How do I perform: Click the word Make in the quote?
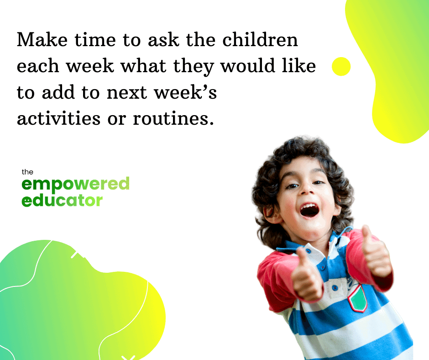[42, 40]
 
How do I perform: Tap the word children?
[260, 40]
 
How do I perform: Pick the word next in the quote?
[127, 93]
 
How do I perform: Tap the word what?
[143, 66]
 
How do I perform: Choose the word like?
[299, 66]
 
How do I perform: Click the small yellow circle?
[341, 66]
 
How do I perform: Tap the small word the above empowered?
[27, 172]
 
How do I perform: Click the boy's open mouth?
[309, 210]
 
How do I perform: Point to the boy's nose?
[307, 189]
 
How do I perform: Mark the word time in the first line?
[95, 40]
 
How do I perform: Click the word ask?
[163, 40]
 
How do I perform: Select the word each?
[38, 66]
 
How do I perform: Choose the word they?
[194, 67]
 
